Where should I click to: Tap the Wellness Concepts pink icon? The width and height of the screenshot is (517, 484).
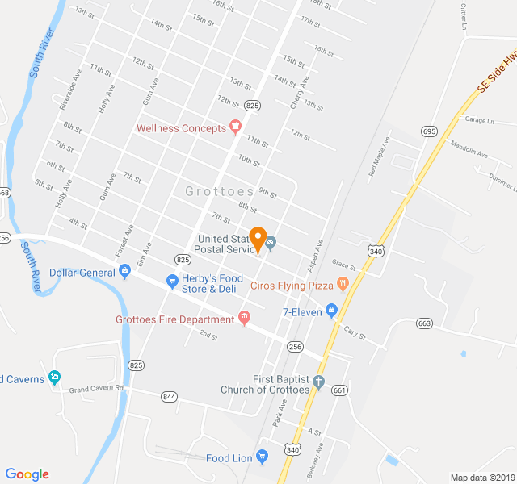point(235,127)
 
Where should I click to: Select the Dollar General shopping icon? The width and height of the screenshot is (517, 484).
point(124,273)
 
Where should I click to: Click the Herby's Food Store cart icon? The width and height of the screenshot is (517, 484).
point(172,281)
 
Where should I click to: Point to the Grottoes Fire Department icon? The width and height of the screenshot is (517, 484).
point(244,319)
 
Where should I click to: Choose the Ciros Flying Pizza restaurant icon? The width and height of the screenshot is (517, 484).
point(343,284)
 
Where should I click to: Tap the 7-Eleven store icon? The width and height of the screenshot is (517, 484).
point(330,311)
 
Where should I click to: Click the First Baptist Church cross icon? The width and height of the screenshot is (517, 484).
point(319,382)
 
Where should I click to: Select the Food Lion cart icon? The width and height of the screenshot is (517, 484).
point(262,457)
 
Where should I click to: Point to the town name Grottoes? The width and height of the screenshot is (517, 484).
point(219,191)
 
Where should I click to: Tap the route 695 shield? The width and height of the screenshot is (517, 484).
point(429,131)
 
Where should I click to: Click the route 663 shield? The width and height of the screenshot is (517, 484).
point(424,323)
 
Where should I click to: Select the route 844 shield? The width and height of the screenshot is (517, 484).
point(169,396)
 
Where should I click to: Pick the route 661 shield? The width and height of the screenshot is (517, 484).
point(339,390)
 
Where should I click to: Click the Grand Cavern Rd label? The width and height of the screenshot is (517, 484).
point(95,389)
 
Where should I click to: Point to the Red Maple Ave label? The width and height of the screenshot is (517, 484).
point(378,156)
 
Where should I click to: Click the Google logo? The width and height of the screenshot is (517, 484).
point(27,474)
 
